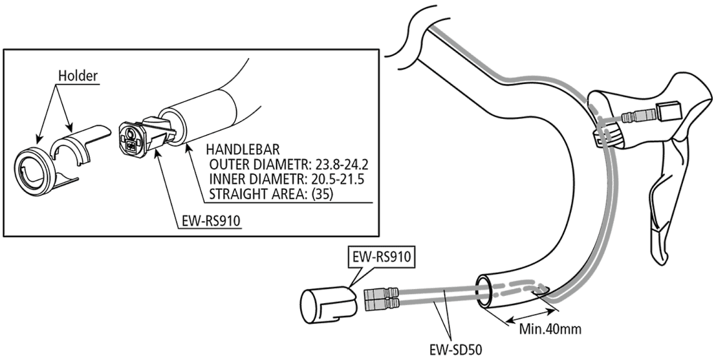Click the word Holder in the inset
pos(78,76)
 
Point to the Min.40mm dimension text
pos(550,329)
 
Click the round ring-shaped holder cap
pos(35,168)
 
